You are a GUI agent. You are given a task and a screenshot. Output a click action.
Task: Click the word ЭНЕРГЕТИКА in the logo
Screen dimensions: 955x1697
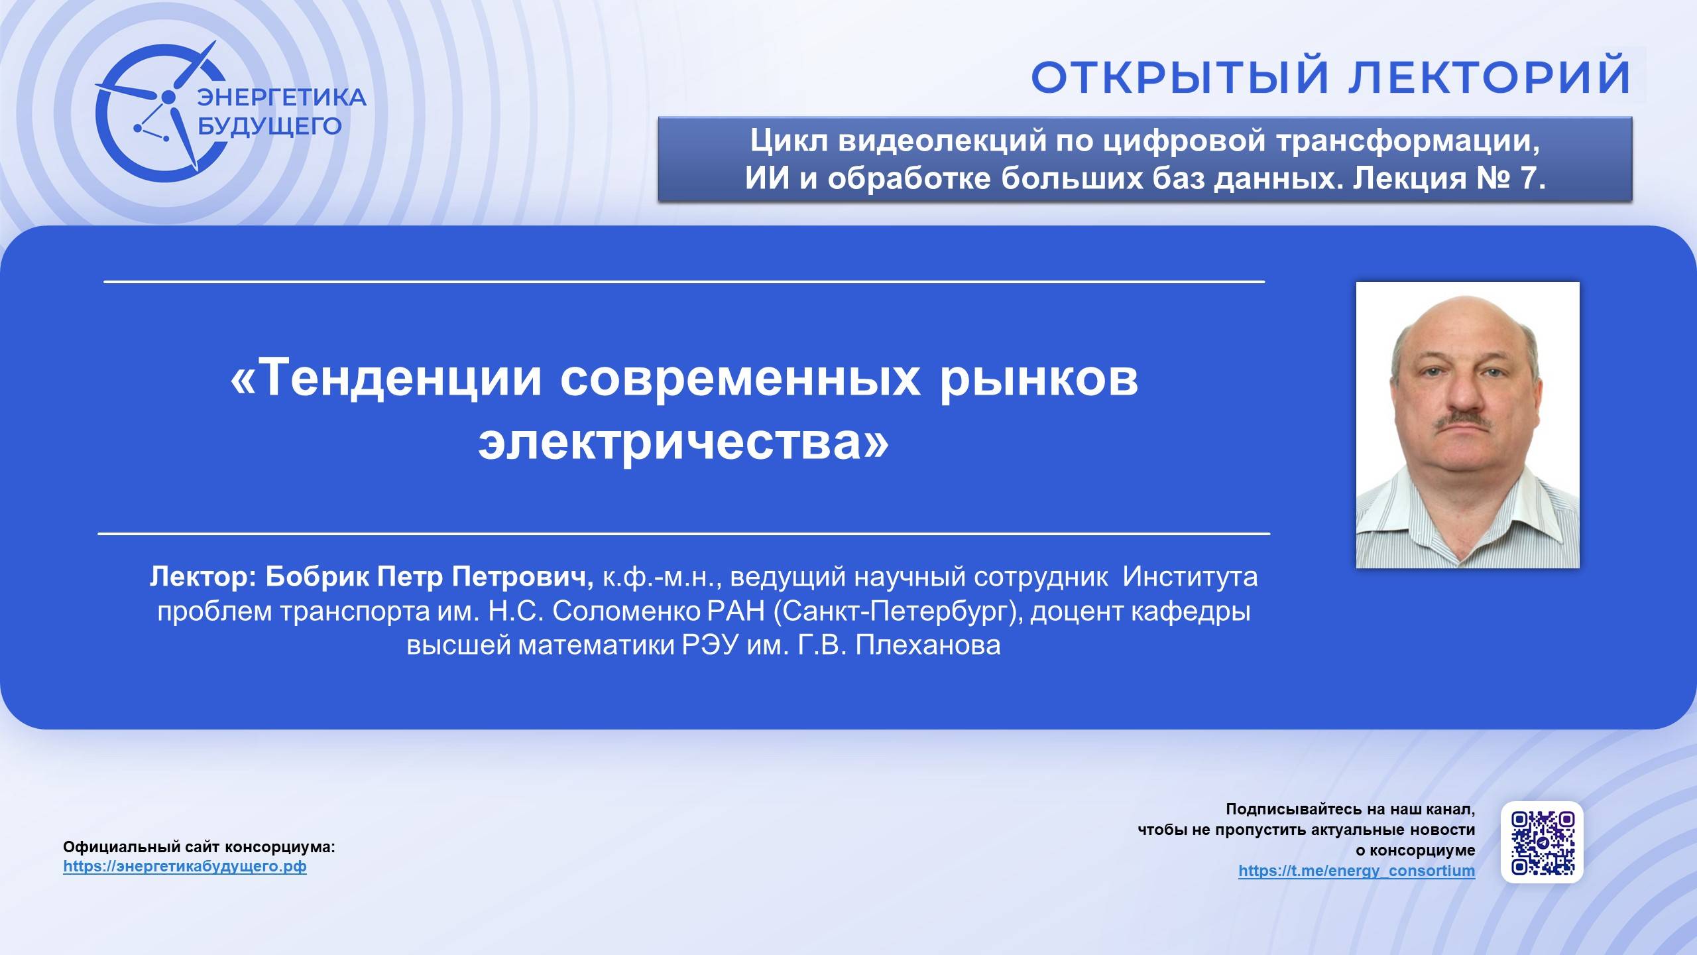coord(282,97)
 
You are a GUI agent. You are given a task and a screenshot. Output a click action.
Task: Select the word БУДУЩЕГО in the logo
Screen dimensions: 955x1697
coord(270,126)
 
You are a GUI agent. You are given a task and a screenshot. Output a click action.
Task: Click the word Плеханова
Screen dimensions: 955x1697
coord(927,645)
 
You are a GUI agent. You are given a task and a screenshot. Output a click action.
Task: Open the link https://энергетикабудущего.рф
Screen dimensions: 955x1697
coord(185,866)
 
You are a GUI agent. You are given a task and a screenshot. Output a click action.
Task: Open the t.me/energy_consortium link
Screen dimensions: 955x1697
coord(1356,870)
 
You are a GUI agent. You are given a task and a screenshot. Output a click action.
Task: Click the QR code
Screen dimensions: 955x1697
coord(1543,842)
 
